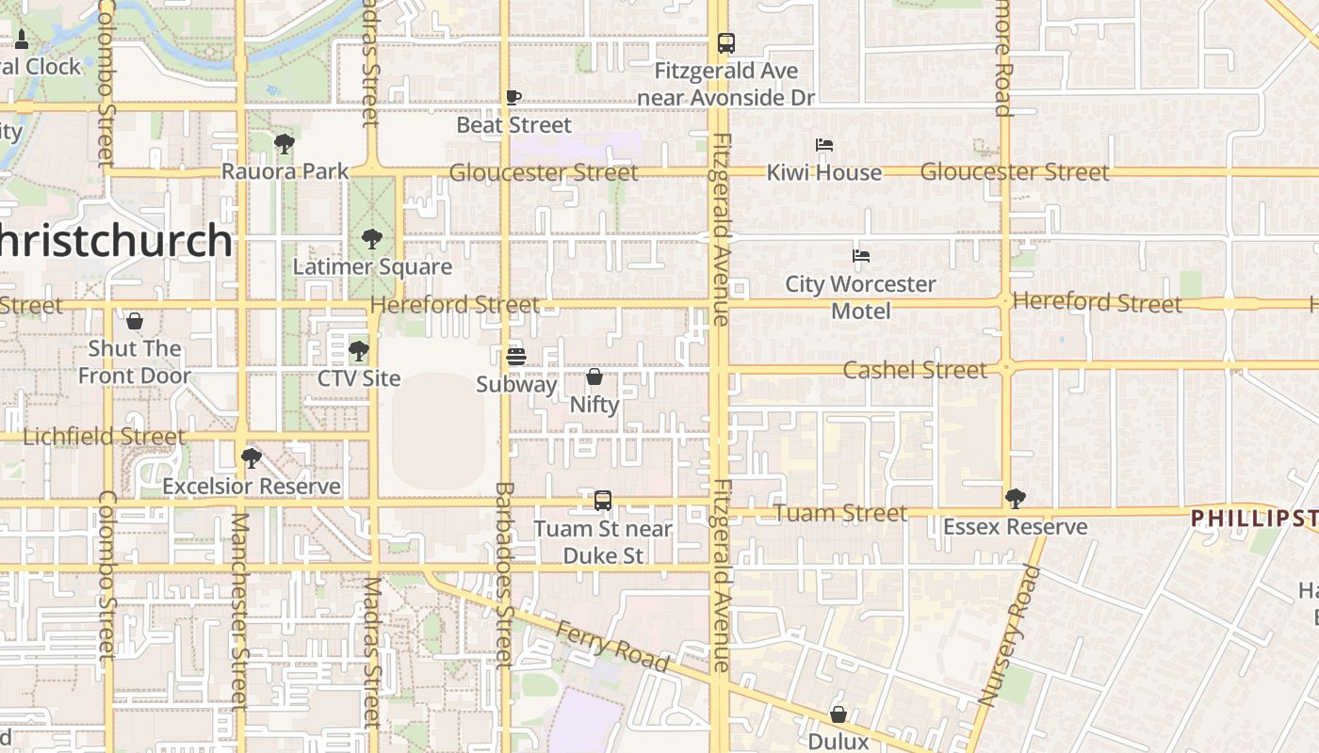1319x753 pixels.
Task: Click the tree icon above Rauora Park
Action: point(285,144)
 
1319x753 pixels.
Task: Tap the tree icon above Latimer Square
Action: point(372,239)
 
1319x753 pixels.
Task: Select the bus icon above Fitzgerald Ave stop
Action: point(725,43)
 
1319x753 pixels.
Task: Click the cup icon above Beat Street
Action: point(513,97)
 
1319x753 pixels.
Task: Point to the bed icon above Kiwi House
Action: point(824,145)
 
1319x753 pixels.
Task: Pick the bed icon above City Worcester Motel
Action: point(860,256)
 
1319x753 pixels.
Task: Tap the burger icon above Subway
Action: point(515,357)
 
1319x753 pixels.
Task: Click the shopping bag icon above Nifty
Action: point(594,377)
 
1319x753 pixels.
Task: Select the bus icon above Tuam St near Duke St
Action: point(603,501)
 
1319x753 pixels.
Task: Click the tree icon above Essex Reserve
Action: point(1015,499)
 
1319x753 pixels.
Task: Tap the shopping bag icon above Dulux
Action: point(839,714)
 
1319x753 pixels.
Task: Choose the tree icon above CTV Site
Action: point(358,351)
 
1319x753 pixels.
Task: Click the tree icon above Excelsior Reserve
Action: point(251,458)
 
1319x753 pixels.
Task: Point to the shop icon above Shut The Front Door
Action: point(135,321)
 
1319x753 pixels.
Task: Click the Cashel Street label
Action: point(914,370)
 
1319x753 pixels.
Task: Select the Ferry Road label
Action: point(612,647)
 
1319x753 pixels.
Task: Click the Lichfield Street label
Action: point(104,437)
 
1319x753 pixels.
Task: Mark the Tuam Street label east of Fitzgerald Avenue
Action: point(840,513)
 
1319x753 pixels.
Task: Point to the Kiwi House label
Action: point(824,172)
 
